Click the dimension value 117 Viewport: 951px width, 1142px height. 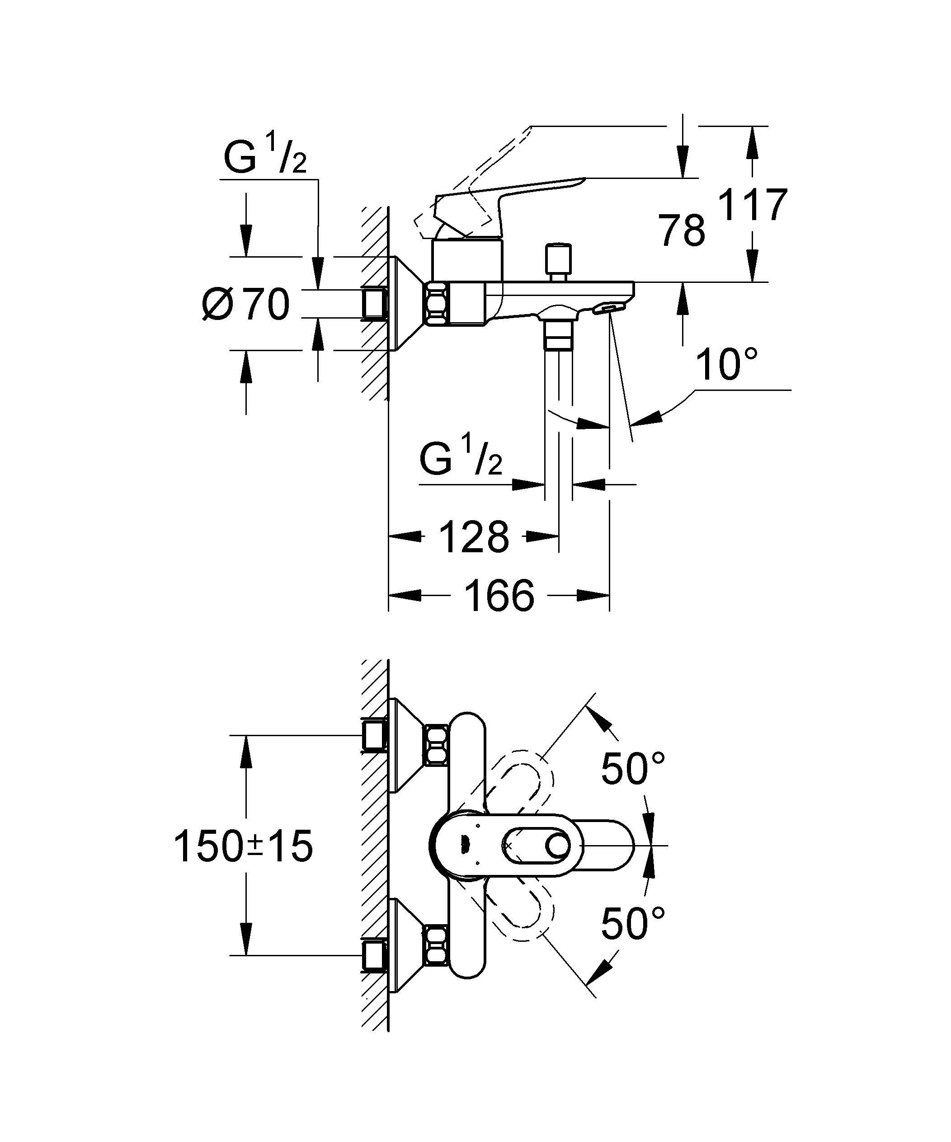(753, 205)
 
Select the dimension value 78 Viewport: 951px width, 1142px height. (682, 230)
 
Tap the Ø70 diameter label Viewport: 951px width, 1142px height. (246, 305)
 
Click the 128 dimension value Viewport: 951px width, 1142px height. (473, 537)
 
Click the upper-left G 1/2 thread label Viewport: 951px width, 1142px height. (265, 158)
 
